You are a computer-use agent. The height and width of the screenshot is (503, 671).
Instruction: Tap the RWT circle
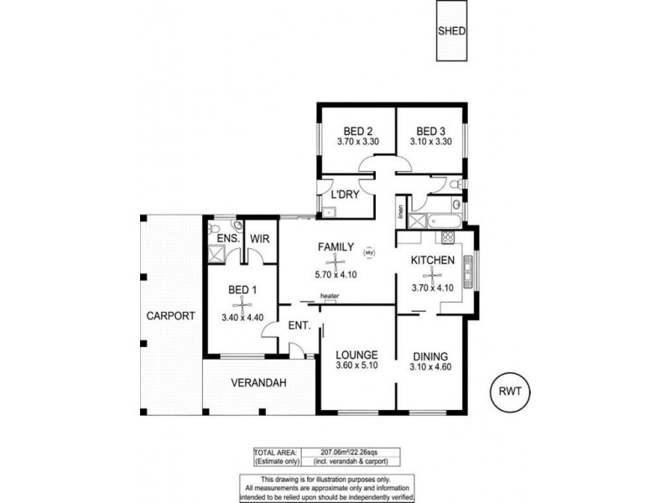pyautogui.click(x=510, y=391)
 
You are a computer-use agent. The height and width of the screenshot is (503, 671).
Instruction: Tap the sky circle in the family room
pyautogui.click(x=368, y=251)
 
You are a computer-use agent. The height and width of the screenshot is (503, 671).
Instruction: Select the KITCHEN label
pyautogui.click(x=432, y=260)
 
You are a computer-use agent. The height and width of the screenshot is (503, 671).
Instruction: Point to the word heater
pyautogui.click(x=328, y=296)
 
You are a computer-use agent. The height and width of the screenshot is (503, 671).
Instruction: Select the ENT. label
pyautogui.click(x=299, y=326)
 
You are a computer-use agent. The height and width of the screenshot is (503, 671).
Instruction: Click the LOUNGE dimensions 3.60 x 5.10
pyautogui.click(x=357, y=366)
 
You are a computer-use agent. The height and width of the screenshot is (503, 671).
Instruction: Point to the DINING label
pyautogui.click(x=429, y=355)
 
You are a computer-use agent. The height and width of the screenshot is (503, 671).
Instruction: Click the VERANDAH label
pyautogui.click(x=259, y=383)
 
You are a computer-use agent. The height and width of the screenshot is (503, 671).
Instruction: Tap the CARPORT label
pyautogui.click(x=169, y=316)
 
